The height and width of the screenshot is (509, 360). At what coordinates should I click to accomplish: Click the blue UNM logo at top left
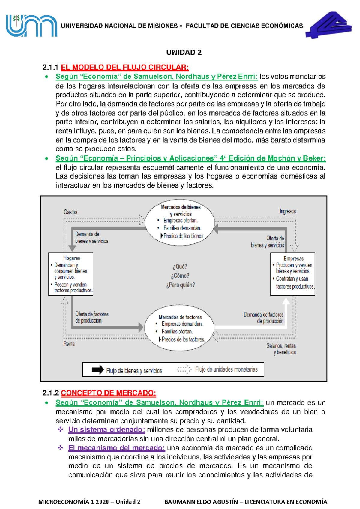coord(31,26)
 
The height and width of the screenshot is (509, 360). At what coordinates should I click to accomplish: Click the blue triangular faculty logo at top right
coord(329,25)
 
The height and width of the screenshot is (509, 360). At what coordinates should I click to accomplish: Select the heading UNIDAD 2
coord(184,53)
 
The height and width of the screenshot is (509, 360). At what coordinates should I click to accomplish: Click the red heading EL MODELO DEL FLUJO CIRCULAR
coord(125,67)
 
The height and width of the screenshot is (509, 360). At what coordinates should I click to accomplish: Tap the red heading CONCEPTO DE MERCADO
coord(108,393)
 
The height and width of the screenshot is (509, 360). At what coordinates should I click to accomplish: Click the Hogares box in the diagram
coord(71,274)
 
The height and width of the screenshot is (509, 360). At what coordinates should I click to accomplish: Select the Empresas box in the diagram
coord(293,274)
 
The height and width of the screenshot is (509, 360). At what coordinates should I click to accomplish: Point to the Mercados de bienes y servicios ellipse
coord(180,222)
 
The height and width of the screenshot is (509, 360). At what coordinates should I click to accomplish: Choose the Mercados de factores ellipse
coord(179,328)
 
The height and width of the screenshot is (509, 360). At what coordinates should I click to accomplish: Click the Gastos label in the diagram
coord(70,212)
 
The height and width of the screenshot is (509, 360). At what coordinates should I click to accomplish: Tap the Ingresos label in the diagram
coord(288,211)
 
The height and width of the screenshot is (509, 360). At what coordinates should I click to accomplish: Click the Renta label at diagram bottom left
coord(69,344)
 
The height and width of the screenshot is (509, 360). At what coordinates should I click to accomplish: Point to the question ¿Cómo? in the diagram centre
coord(180,276)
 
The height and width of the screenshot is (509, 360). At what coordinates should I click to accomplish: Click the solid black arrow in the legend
coord(98,370)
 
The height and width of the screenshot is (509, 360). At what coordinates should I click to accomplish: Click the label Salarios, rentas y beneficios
coord(281,349)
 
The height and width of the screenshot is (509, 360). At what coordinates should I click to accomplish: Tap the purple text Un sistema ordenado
coord(107,430)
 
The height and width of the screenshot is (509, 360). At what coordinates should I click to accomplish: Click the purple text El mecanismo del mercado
coord(117,448)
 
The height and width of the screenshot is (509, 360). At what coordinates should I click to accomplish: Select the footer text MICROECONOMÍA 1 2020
coord(89,502)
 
